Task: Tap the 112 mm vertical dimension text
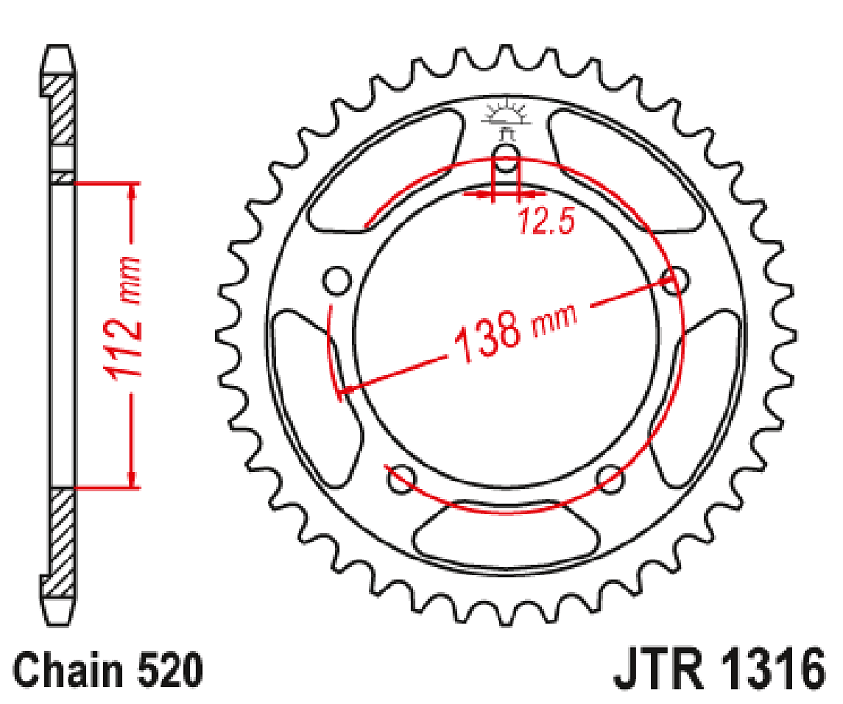(x=124, y=319)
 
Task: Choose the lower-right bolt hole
(x=610, y=478)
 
